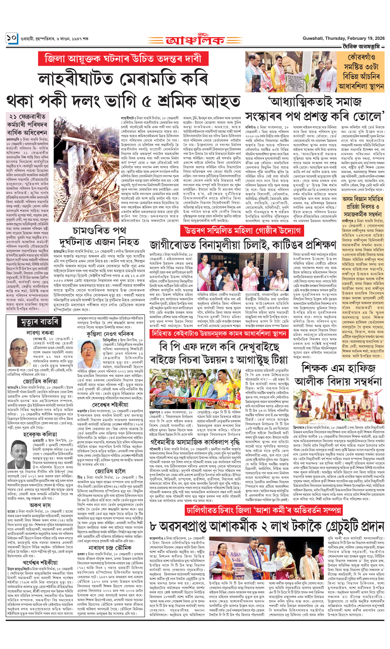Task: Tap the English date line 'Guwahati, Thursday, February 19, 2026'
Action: [x=343, y=38]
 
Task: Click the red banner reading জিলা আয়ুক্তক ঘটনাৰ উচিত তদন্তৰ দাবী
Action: [x=123, y=58]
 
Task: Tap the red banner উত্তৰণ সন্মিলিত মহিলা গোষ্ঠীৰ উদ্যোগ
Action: [x=242, y=231]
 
